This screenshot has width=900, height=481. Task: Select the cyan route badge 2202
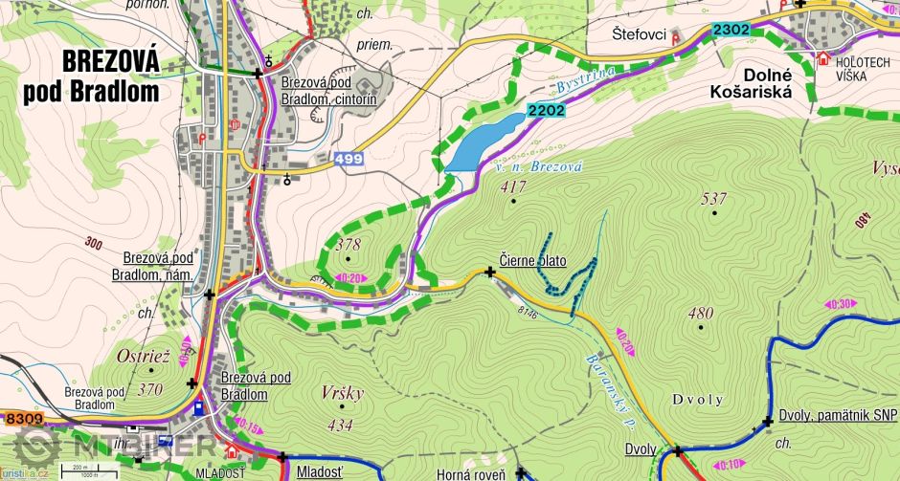tap(546, 110)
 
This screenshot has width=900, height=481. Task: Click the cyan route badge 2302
tap(731, 31)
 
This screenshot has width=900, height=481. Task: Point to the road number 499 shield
tap(349, 159)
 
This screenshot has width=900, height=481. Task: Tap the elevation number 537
tap(714, 199)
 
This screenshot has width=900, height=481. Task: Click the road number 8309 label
tap(24, 418)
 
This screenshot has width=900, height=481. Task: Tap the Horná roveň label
tap(469, 473)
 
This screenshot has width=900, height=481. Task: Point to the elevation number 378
tap(349, 246)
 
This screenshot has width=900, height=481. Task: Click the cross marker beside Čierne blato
tap(491, 272)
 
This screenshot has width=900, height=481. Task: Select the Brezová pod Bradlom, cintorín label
tap(328, 90)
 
